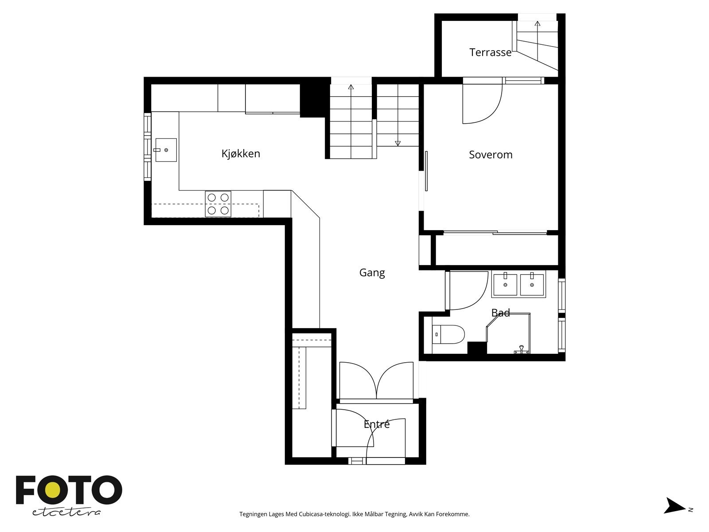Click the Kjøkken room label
click(x=241, y=154)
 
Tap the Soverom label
click(x=491, y=155)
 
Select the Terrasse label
click(x=491, y=52)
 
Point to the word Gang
click(x=372, y=273)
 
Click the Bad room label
click(x=501, y=313)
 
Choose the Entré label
click(x=377, y=424)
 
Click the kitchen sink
click(x=166, y=150)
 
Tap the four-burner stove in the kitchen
click(x=218, y=204)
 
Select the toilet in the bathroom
click(x=448, y=335)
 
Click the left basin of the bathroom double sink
click(x=506, y=285)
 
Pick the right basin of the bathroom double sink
click(x=532, y=285)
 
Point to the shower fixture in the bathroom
click(x=521, y=349)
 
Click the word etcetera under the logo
click(x=66, y=512)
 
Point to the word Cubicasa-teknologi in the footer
click(x=325, y=514)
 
